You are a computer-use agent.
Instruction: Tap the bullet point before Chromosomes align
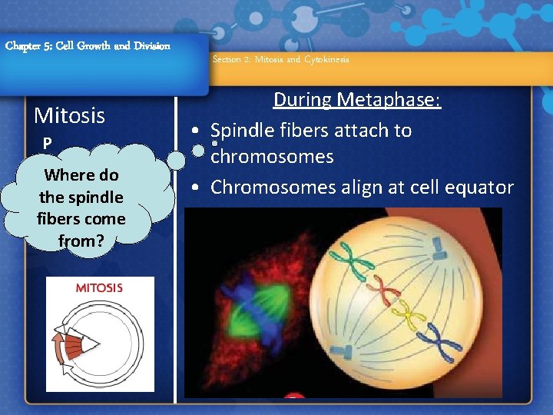(198, 188)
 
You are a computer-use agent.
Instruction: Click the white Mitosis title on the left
(69, 116)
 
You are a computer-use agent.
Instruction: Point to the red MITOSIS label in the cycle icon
(98, 288)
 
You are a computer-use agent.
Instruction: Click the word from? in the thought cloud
(81, 241)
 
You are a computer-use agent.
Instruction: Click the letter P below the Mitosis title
(47, 144)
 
